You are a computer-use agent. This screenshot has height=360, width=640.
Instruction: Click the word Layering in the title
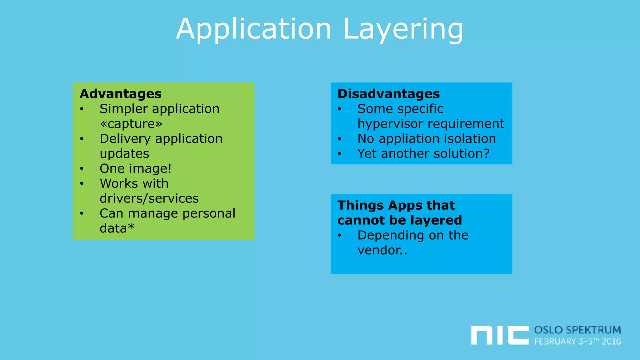[x=403, y=30]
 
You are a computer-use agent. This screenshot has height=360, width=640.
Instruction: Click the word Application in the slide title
[x=253, y=30]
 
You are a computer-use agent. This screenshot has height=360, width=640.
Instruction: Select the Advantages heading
[x=121, y=94]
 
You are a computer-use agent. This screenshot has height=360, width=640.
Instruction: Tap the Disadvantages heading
[x=388, y=94]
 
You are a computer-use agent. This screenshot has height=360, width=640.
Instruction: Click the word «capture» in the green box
[x=131, y=124]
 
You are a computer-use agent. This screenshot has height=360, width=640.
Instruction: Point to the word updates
[x=124, y=154]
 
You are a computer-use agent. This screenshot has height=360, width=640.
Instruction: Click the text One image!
[x=136, y=168]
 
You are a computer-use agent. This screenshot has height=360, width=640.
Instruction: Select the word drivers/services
[x=149, y=198]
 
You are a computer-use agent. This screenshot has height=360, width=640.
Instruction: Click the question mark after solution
[x=486, y=153]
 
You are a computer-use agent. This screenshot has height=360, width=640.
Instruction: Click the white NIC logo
[x=499, y=335]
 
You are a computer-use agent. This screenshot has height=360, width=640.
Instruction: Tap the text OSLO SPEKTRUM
[x=577, y=330]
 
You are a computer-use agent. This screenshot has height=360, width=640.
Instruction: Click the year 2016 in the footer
[x=611, y=341]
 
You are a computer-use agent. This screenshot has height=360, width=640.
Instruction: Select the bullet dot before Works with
[x=82, y=184]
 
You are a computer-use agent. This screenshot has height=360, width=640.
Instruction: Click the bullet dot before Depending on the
[x=339, y=236]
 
